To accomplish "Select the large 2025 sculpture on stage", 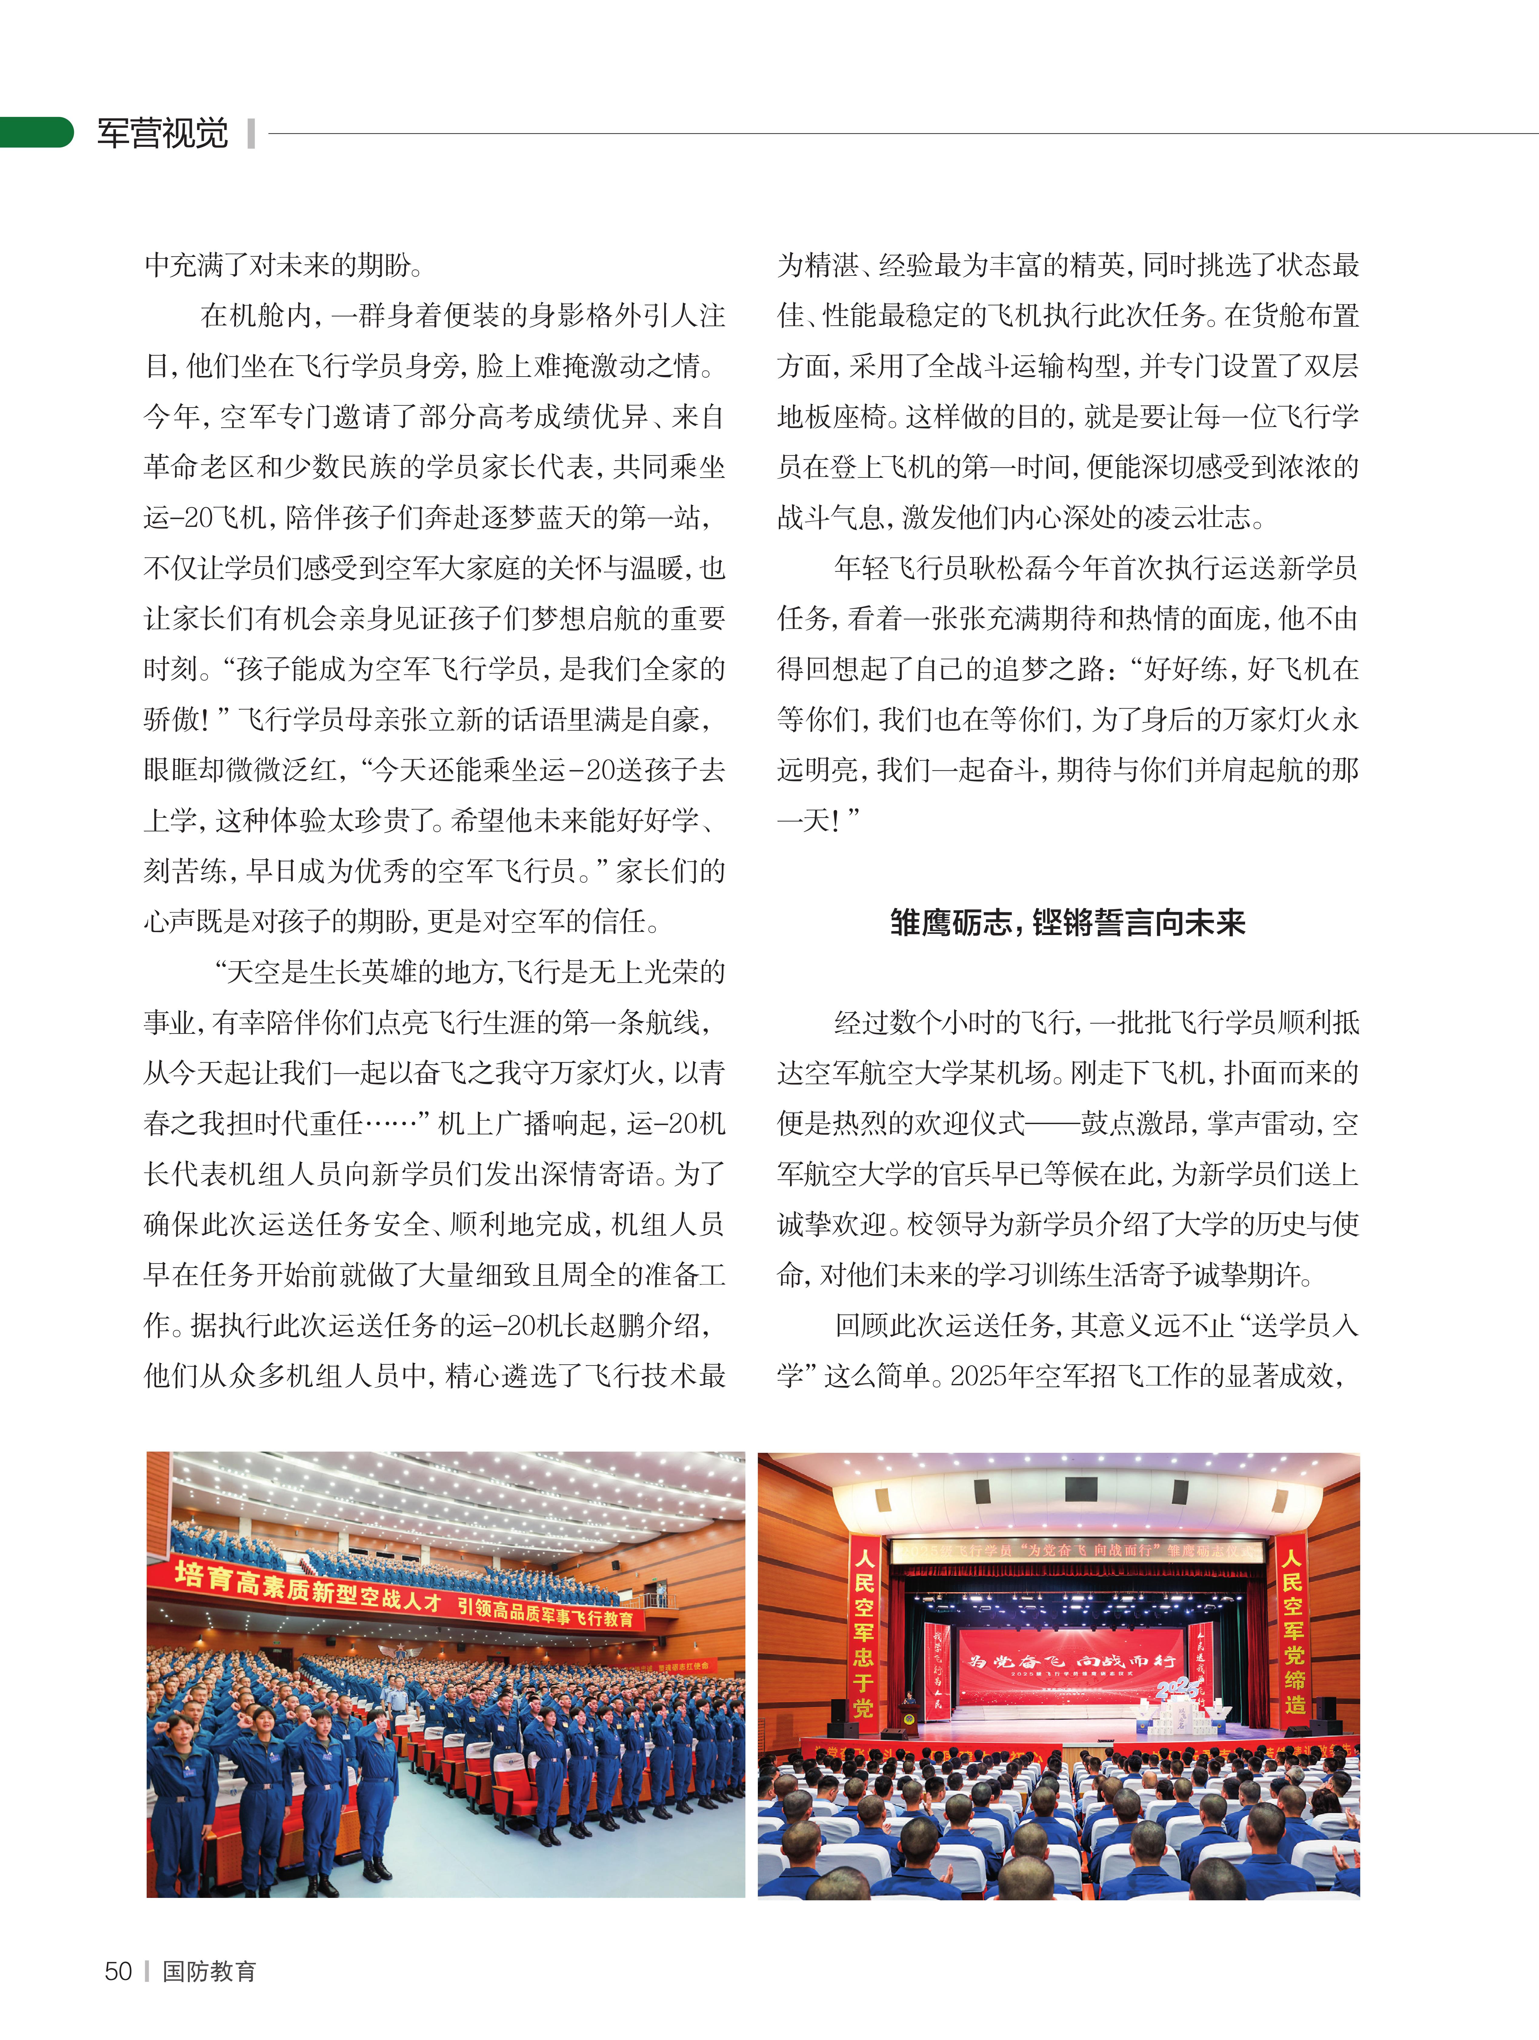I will (x=1178, y=1689).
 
